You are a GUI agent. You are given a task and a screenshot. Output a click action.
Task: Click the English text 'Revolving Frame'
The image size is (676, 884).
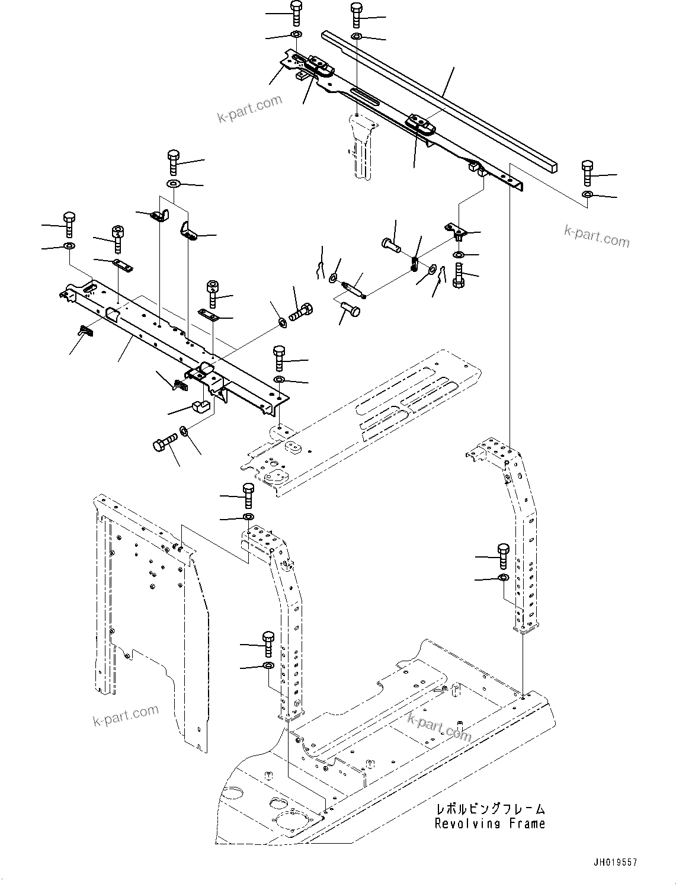pos(489,823)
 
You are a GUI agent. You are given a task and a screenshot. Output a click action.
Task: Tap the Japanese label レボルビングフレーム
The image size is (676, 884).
pos(490,809)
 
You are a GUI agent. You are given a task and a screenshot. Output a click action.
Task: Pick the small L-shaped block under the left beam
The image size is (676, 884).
pos(200,407)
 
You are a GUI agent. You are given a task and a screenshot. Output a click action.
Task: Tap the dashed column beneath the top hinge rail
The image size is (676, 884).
pos(362,145)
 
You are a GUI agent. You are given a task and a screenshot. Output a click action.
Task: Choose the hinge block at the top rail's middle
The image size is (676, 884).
pos(421,125)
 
